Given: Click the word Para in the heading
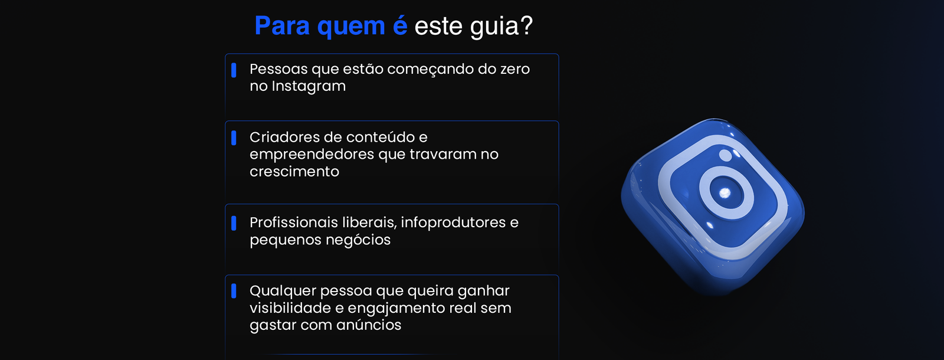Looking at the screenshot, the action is click(x=282, y=25).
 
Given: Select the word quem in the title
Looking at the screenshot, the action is click(x=351, y=28).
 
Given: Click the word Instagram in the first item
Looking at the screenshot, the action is click(x=309, y=86).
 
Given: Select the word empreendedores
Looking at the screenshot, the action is click(x=312, y=155).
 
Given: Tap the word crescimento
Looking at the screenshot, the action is click(x=294, y=172).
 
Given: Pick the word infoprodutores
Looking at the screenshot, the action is click(x=454, y=223).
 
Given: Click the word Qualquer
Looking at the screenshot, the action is click(x=281, y=292).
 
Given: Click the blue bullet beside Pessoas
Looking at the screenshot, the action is click(x=234, y=70).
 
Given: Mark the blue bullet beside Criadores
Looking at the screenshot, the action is click(x=234, y=138).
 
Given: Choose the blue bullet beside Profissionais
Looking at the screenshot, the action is click(x=234, y=223).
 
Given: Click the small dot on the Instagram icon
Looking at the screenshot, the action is click(x=725, y=155).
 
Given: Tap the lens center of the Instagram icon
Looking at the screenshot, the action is click(x=725, y=193).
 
